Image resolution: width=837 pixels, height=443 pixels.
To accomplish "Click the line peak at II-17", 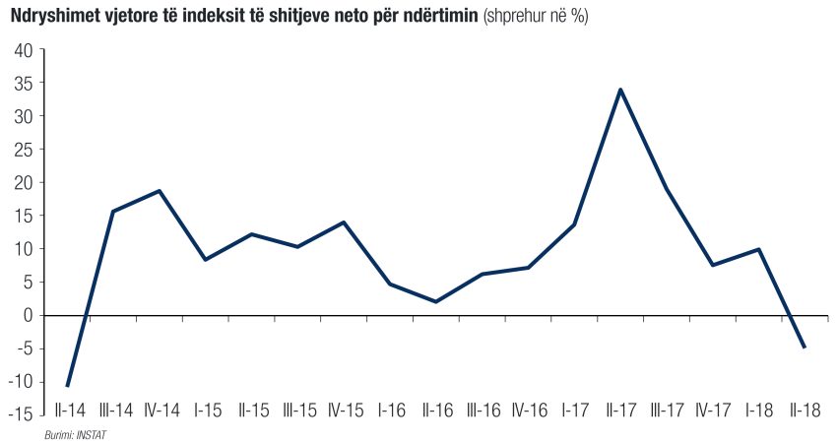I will pos(619,90).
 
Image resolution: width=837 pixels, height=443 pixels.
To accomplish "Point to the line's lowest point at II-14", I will pos(67,386).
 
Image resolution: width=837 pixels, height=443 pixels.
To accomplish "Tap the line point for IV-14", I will pos(160,191).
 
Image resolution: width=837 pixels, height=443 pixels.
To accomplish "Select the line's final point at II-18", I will pos(805,348).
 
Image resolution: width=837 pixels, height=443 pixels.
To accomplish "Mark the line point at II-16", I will pos(435,301).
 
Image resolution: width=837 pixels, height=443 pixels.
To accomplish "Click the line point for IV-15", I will pos(344,222).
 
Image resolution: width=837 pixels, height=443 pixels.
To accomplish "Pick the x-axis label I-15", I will pos(207,410).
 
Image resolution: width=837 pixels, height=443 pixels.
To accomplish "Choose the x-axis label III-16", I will pos(484,410).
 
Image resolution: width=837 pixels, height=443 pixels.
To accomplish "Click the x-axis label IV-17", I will pos(714,410).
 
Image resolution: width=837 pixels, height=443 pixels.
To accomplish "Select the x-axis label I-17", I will pos(575,410).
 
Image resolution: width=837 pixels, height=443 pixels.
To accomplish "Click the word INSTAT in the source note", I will pos(88,434).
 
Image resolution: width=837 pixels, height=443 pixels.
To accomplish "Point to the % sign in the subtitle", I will pos(580,18).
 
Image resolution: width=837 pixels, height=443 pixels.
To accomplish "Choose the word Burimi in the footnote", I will pos(57,434).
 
